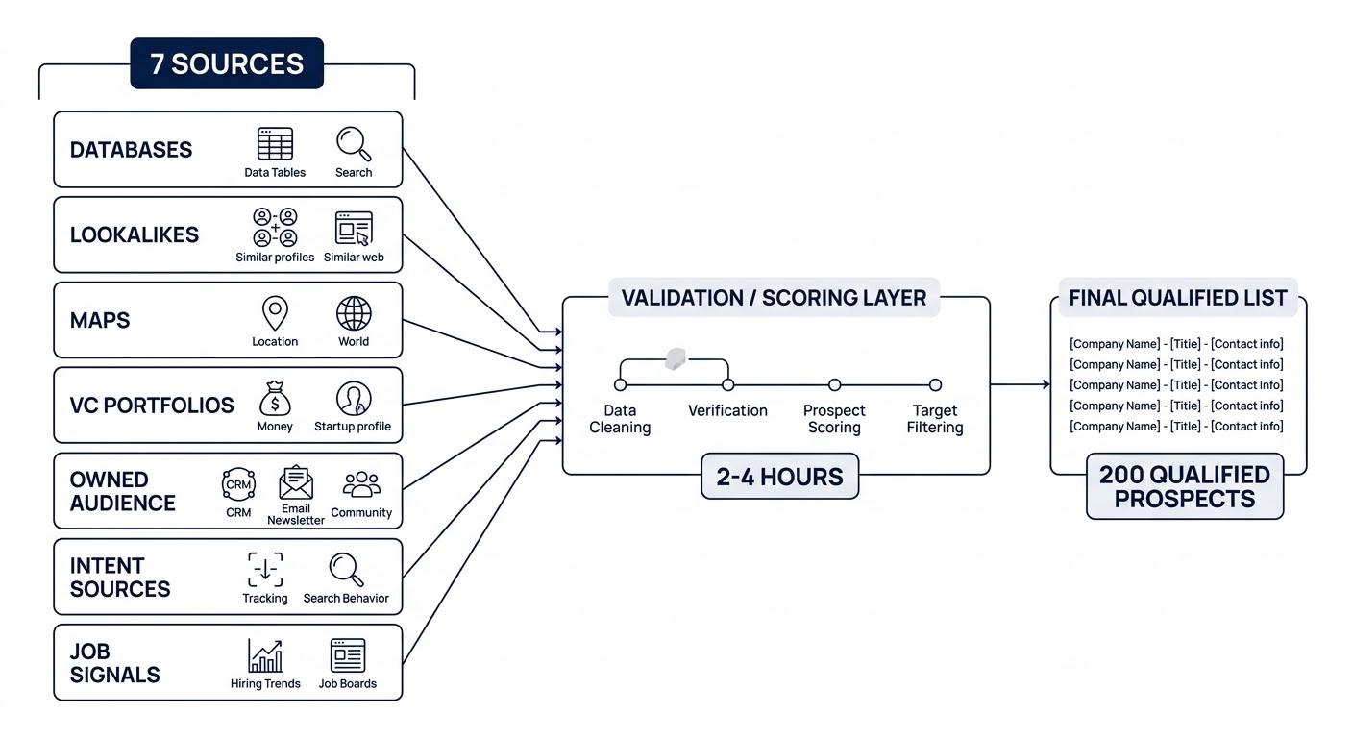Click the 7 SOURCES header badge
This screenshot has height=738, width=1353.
[x=227, y=63]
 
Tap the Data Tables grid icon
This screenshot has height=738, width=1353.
[x=275, y=144]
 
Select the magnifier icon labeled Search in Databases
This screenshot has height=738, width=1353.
[x=354, y=144]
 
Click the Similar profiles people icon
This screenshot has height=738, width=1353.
[x=275, y=228]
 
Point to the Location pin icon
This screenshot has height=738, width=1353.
[x=275, y=313]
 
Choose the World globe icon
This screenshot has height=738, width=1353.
[x=354, y=313]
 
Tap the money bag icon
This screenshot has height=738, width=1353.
[x=275, y=398]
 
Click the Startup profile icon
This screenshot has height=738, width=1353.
[x=354, y=398]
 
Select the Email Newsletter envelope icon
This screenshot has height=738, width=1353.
[x=296, y=482]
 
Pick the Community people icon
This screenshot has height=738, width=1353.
[x=361, y=484]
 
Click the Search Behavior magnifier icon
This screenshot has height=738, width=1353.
[x=346, y=569]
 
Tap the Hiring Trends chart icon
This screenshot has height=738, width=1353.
[x=265, y=655]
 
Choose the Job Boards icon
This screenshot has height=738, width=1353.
[x=348, y=655]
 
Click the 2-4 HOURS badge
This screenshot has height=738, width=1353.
[x=779, y=476]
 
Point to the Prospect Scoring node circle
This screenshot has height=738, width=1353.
[x=834, y=385]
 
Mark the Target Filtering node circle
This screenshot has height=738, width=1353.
[x=935, y=385]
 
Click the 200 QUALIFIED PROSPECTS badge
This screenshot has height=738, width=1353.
[x=1185, y=486]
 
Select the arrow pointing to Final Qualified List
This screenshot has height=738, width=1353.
[x=1021, y=385]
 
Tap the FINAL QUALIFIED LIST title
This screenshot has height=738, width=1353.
[x=1178, y=298]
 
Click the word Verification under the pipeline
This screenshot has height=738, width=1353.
[x=727, y=410]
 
